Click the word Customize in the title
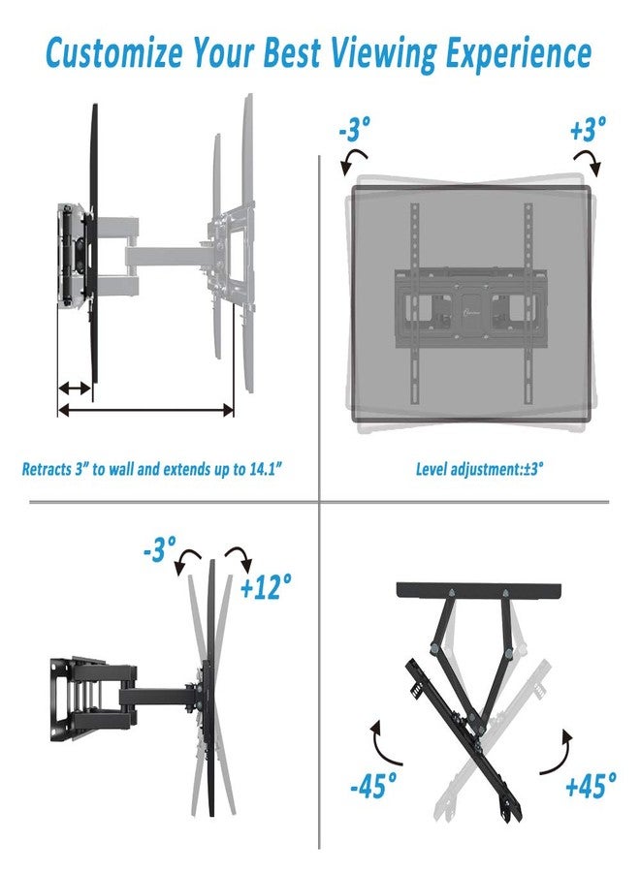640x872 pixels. point(113,53)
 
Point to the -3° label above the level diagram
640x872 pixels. point(354,129)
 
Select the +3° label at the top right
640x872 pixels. point(588,129)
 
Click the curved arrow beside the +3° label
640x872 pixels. point(589,160)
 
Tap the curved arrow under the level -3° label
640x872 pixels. point(353,160)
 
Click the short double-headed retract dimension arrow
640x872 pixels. point(75,388)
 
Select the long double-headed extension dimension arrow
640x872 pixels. point(145,411)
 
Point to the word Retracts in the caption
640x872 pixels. point(47,469)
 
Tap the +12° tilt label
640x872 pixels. point(265,586)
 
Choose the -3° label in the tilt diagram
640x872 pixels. point(159,548)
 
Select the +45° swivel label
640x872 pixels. point(591,785)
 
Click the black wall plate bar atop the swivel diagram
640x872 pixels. point(478,591)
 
